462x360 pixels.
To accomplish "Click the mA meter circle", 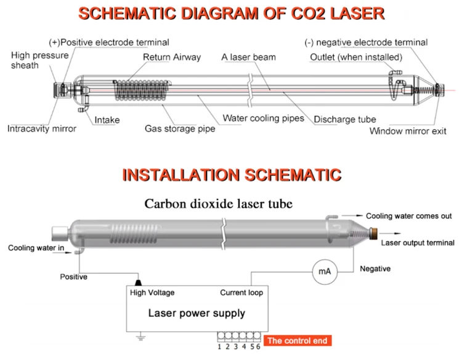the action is point(324,271).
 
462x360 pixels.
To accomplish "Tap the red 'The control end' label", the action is point(298,340).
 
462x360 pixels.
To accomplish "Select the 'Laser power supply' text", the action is point(197,313).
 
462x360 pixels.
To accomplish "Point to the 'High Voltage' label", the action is point(152,292).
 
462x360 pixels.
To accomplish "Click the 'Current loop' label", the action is point(241,292).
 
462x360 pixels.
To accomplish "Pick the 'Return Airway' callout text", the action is point(172,58).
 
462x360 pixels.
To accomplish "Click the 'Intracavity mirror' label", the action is point(42,129).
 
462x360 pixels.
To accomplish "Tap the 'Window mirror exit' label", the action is point(408,131).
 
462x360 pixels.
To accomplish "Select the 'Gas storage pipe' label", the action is point(176,129).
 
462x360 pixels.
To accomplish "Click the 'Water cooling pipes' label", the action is point(263,118).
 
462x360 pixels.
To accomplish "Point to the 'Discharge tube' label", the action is point(344,119).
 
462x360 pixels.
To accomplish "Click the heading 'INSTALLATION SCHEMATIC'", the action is point(231,174).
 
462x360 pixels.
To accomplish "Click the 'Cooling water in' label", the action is point(35,248).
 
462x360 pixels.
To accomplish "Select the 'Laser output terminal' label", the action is point(418,242).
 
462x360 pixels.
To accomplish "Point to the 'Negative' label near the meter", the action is point(375,269).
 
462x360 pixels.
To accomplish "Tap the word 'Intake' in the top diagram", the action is point(107,120).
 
